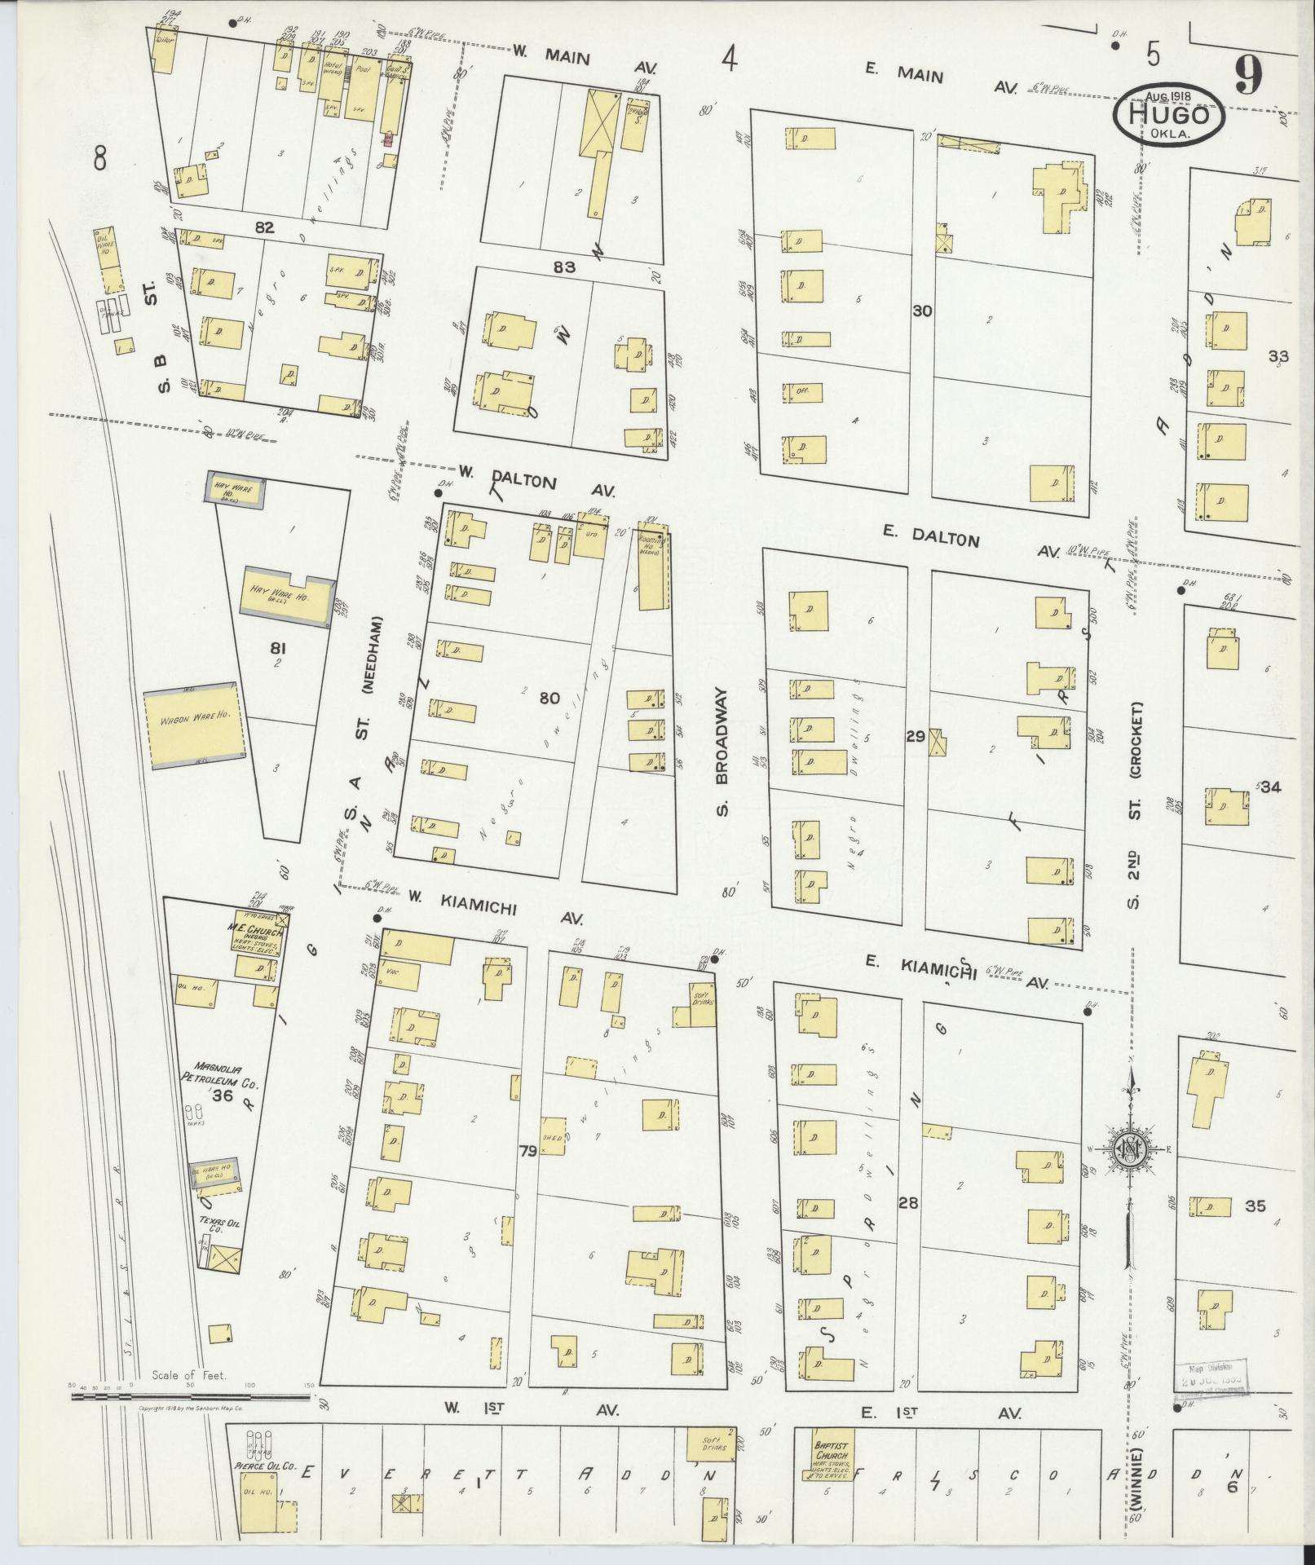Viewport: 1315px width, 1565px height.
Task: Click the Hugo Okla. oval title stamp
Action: [1169, 116]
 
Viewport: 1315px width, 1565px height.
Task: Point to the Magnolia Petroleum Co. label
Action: [215, 1073]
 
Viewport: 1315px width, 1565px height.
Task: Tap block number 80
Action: [549, 697]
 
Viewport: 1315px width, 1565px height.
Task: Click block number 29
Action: [915, 737]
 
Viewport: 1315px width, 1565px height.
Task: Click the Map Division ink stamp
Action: [1212, 1377]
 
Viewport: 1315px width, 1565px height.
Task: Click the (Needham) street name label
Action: [368, 664]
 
